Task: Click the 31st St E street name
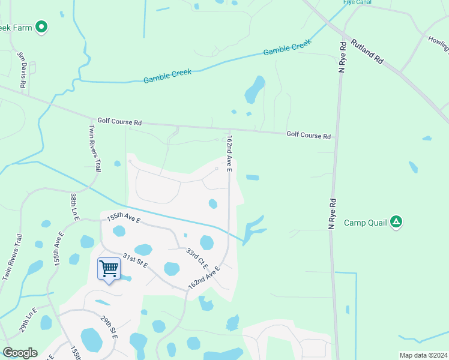(136, 262)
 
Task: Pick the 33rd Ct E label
(196, 259)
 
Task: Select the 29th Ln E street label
(28, 319)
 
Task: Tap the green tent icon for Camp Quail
(396, 222)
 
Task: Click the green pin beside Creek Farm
(41, 26)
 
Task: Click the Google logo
(20, 352)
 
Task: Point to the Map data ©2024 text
(423, 355)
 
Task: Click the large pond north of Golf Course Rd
(255, 90)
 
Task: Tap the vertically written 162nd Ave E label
(229, 154)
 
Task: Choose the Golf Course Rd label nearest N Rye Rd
(309, 136)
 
